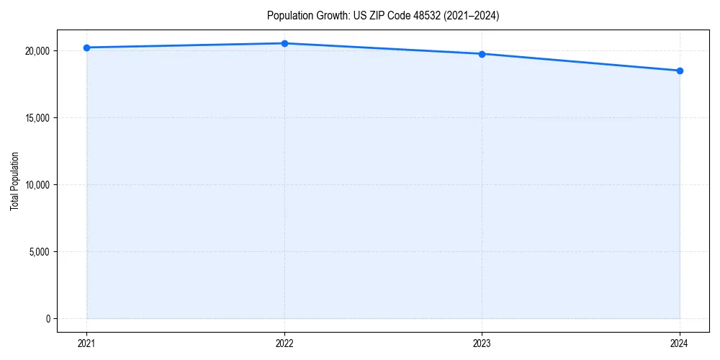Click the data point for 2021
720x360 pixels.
[x=86, y=48]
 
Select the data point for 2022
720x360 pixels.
[x=284, y=43]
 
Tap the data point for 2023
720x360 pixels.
[x=482, y=54]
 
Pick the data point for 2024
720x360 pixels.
[x=680, y=71]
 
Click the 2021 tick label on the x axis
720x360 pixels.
[x=86, y=343]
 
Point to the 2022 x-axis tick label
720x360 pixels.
[x=284, y=343]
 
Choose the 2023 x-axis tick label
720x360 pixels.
[x=482, y=343]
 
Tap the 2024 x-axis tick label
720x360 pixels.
[x=680, y=343]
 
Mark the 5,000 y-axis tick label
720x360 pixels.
[x=40, y=252]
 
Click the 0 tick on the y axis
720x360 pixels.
[x=48, y=319]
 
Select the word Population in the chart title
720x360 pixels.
[x=288, y=16]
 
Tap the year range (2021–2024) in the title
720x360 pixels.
[x=472, y=16]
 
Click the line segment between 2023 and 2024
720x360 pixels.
[x=581, y=63]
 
